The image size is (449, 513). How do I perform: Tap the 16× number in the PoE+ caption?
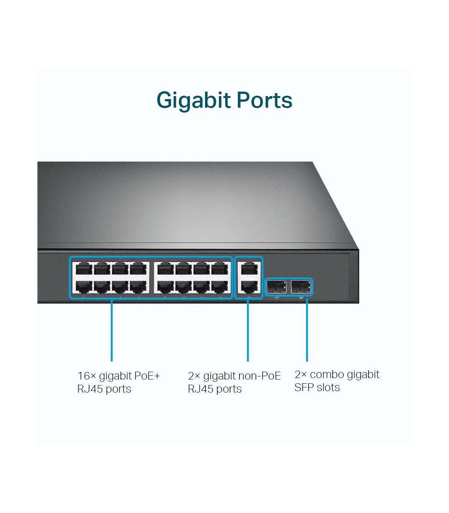87,376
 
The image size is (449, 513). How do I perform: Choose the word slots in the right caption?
328,387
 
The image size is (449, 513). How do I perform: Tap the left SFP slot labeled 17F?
277,287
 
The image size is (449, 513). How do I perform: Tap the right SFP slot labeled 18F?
301,287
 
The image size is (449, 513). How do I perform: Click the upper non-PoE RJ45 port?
249,268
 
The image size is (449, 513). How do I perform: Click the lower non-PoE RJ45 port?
249,287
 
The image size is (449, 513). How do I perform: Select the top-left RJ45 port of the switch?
84,268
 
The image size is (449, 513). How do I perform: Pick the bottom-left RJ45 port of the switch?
84,287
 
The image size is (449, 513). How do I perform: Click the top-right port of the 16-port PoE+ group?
220,268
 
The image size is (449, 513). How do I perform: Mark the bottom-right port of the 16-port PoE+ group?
220,287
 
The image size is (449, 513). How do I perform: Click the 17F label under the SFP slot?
277,298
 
